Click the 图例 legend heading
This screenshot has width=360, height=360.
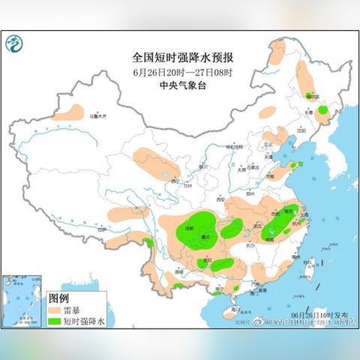tap(58, 298)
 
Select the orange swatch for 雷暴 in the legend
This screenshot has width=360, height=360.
tap(57, 308)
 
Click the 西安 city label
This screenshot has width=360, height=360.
tap(221, 199)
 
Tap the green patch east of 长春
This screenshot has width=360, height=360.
tap(322, 111)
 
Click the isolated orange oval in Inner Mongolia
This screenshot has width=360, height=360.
tap(265, 113)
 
